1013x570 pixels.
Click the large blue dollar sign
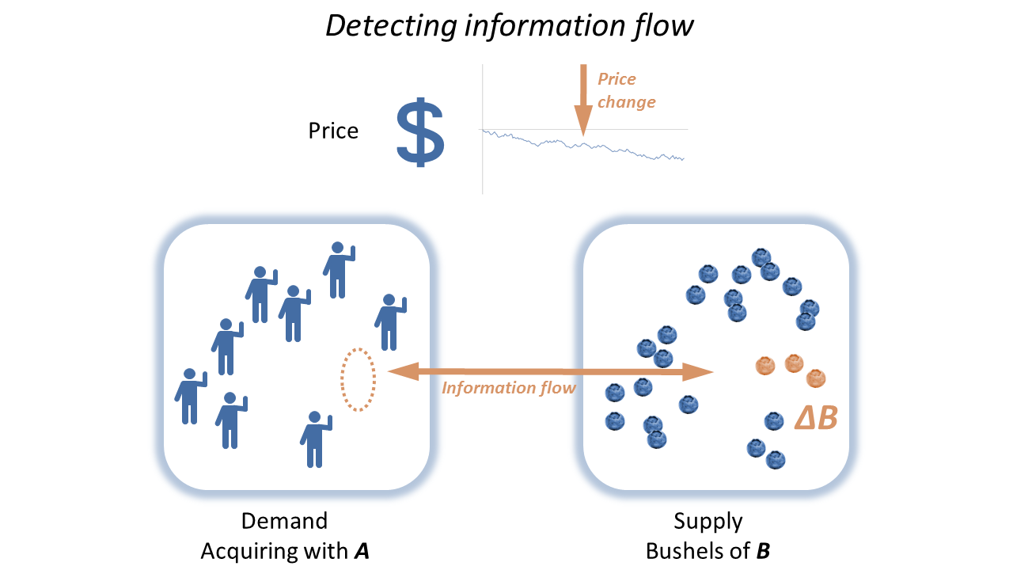(x=420, y=132)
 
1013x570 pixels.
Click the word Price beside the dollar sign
(x=333, y=131)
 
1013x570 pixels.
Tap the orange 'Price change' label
(x=626, y=90)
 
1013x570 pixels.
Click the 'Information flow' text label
(x=508, y=388)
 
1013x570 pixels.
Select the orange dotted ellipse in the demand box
(x=358, y=379)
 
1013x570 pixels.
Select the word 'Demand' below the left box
(x=284, y=521)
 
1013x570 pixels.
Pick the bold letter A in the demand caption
(x=361, y=551)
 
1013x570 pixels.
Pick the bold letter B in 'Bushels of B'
(x=763, y=551)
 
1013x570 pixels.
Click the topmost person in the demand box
(x=339, y=270)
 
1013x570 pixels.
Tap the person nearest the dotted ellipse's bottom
(x=316, y=439)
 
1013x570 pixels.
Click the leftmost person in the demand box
(x=190, y=396)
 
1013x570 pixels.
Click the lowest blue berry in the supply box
(x=776, y=459)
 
